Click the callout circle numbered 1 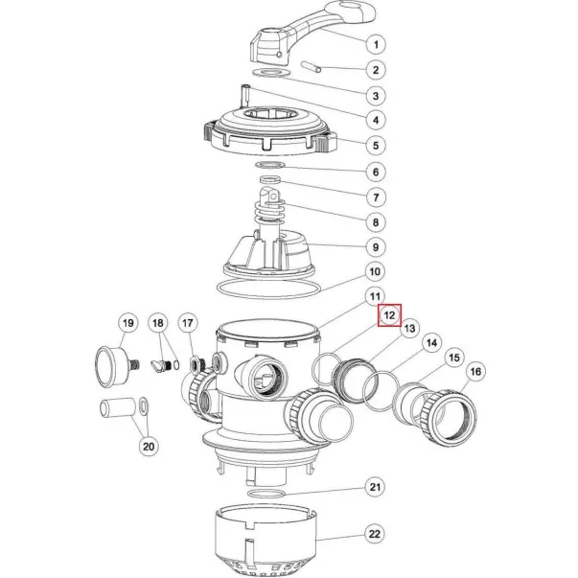pos(376,45)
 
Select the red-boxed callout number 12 pos(389,315)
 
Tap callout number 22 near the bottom pos(375,534)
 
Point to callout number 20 pos(149,447)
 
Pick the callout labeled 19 pos(127,323)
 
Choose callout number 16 pos(475,371)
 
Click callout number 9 pos(376,247)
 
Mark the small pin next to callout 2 pos(312,67)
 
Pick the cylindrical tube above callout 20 pos(116,407)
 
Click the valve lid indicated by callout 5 pos(270,131)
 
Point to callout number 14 pos(431,343)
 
